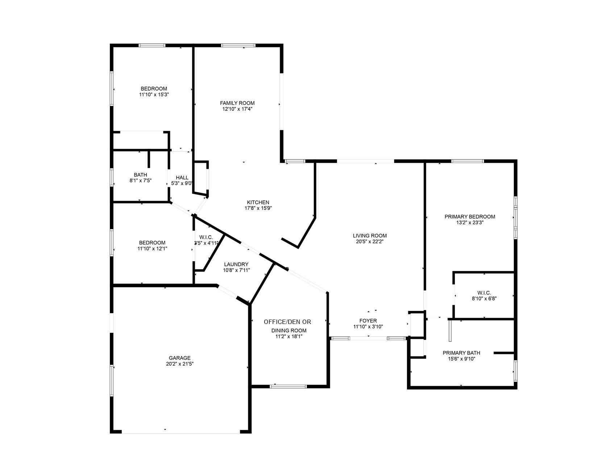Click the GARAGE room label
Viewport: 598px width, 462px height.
(179, 358)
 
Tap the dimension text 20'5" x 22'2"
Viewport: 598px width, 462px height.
(369, 241)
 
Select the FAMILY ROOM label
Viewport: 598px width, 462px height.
(237, 103)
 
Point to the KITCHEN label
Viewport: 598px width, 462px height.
(258, 202)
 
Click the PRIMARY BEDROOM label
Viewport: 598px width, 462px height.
(470, 217)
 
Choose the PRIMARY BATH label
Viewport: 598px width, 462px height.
(461, 353)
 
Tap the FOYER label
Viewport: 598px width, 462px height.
(368, 321)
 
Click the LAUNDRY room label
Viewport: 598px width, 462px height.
(236, 264)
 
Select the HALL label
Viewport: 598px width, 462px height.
(182, 177)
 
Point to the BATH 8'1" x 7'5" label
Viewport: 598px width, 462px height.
(140, 175)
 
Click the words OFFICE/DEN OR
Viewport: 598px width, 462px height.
(287, 322)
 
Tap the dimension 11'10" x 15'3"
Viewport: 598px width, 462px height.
(154, 95)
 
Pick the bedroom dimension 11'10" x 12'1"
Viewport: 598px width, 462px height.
(152, 249)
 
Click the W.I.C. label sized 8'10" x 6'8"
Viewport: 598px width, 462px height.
(484, 293)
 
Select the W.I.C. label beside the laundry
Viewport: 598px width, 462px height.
(206, 237)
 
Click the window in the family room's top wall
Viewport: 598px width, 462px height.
(238, 46)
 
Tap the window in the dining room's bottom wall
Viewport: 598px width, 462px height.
(288, 386)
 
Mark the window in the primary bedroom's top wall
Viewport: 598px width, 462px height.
(468, 161)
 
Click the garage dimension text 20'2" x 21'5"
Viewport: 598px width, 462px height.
(179, 364)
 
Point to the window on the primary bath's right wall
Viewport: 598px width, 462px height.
(515, 370)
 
